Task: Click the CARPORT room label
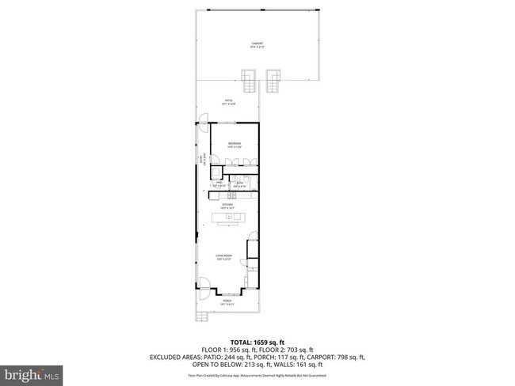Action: point(257,44)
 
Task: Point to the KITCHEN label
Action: point(227,206)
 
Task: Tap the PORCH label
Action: point(227,301)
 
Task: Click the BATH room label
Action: point(239,184)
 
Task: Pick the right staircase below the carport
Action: point(275,80)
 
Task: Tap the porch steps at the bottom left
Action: point(202,316)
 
